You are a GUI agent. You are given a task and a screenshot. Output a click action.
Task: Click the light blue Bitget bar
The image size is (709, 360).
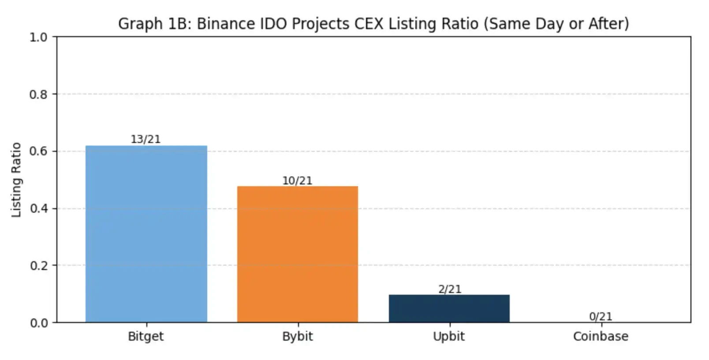[146, 234]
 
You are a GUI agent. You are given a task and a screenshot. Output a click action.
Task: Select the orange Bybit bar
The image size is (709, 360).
[298, 254]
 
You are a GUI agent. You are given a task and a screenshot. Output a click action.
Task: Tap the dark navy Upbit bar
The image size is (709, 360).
[449, 308]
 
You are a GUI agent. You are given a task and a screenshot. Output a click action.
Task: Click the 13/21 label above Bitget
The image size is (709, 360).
[146, 139]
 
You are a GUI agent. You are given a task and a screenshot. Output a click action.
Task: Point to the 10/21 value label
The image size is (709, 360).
[297, 180]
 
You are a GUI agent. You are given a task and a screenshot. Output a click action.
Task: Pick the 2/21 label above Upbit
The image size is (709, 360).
[449, 289]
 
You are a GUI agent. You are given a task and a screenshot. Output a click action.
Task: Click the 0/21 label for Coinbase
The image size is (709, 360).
[601, 316]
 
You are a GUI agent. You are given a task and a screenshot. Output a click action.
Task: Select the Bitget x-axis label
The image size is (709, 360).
[146, 336]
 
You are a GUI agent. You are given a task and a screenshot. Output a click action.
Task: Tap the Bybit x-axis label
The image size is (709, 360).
[298, 336]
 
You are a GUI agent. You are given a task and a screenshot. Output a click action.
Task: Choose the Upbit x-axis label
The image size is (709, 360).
[449, 336]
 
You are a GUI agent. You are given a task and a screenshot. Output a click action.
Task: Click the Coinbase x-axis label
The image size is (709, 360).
[601, 336]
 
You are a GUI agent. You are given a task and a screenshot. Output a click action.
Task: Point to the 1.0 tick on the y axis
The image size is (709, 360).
[38, 37]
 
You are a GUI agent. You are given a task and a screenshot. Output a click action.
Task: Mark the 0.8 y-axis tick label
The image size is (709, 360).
[38, 94]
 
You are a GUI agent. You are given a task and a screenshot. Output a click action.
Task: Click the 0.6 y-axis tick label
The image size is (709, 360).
[38, 151]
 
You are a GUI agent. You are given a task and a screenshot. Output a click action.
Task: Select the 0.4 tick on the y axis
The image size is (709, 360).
[38, 208]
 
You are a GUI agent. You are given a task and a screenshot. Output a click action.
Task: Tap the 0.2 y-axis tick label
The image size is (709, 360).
[38, 266]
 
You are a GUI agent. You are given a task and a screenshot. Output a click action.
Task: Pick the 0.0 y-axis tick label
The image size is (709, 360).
[38, 323]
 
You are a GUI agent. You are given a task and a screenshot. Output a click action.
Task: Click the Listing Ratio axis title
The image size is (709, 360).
[16, 180]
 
